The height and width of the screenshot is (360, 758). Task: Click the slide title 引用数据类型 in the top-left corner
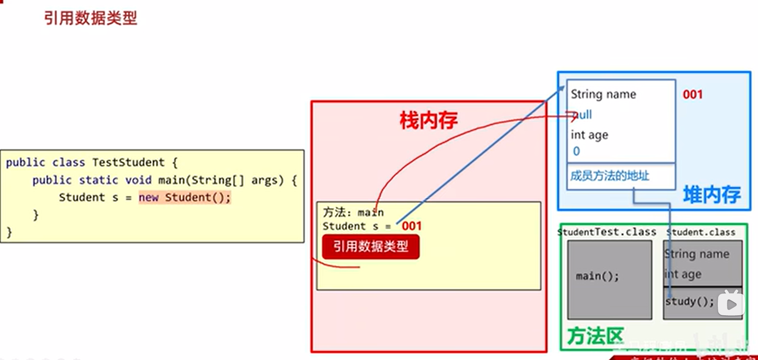[90, 18]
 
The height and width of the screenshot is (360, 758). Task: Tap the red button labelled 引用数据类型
[370, 246]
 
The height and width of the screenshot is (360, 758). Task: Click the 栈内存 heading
[428, 120]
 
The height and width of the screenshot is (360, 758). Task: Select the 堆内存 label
[712, 195]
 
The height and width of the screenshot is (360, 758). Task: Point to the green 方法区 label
[595, 336]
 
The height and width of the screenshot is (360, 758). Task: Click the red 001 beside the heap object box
[692, 95]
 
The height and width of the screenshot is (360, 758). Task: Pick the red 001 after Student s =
[411, 226]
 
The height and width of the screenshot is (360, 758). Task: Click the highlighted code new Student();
[185, 197]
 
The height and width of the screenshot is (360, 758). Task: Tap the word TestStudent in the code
[128, 163]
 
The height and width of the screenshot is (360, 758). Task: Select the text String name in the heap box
[603, 94]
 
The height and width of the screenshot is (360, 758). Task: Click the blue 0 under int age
[576, 151]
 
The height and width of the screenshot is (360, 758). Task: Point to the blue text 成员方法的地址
[609, 176]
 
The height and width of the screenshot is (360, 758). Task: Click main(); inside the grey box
[597, 276]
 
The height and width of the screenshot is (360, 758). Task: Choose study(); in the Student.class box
[689, 301]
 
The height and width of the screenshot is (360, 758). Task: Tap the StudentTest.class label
[607, 232]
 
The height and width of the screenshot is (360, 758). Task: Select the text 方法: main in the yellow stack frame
[353, 212]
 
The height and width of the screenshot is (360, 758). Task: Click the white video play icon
[731, 304]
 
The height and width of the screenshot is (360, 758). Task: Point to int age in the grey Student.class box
[683, 274]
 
